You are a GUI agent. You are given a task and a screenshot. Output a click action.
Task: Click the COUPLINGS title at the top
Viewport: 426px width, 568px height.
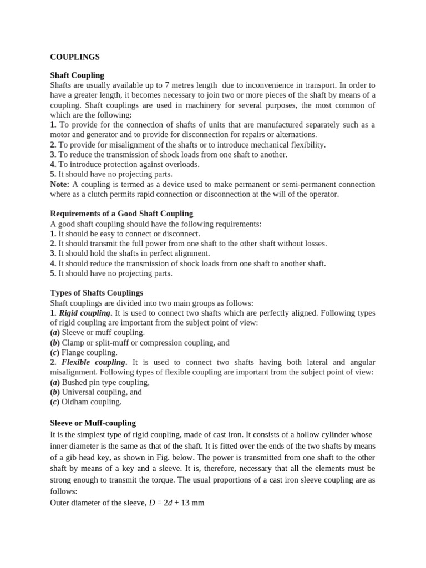pos(75,57)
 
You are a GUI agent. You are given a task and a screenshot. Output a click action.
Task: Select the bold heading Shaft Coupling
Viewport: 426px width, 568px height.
pos(77,75)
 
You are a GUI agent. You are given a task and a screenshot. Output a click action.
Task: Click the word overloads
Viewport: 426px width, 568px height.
pos(180,164)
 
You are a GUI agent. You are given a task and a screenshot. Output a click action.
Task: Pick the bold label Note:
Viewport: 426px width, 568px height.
pos(60,184)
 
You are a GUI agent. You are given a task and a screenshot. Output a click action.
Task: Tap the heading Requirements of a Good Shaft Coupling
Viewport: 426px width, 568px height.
pos(121,214)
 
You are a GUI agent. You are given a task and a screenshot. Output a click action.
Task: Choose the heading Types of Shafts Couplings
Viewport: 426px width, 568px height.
pos(97,292)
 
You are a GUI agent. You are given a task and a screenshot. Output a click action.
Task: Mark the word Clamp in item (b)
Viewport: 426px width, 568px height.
pos(73,343)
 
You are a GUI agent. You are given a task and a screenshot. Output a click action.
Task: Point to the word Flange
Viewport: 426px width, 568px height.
pos(73,352)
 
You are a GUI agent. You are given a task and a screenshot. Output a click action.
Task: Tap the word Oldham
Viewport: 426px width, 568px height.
pos(74,402)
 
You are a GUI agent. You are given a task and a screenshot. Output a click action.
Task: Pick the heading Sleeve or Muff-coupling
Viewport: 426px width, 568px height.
pos(93,423)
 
